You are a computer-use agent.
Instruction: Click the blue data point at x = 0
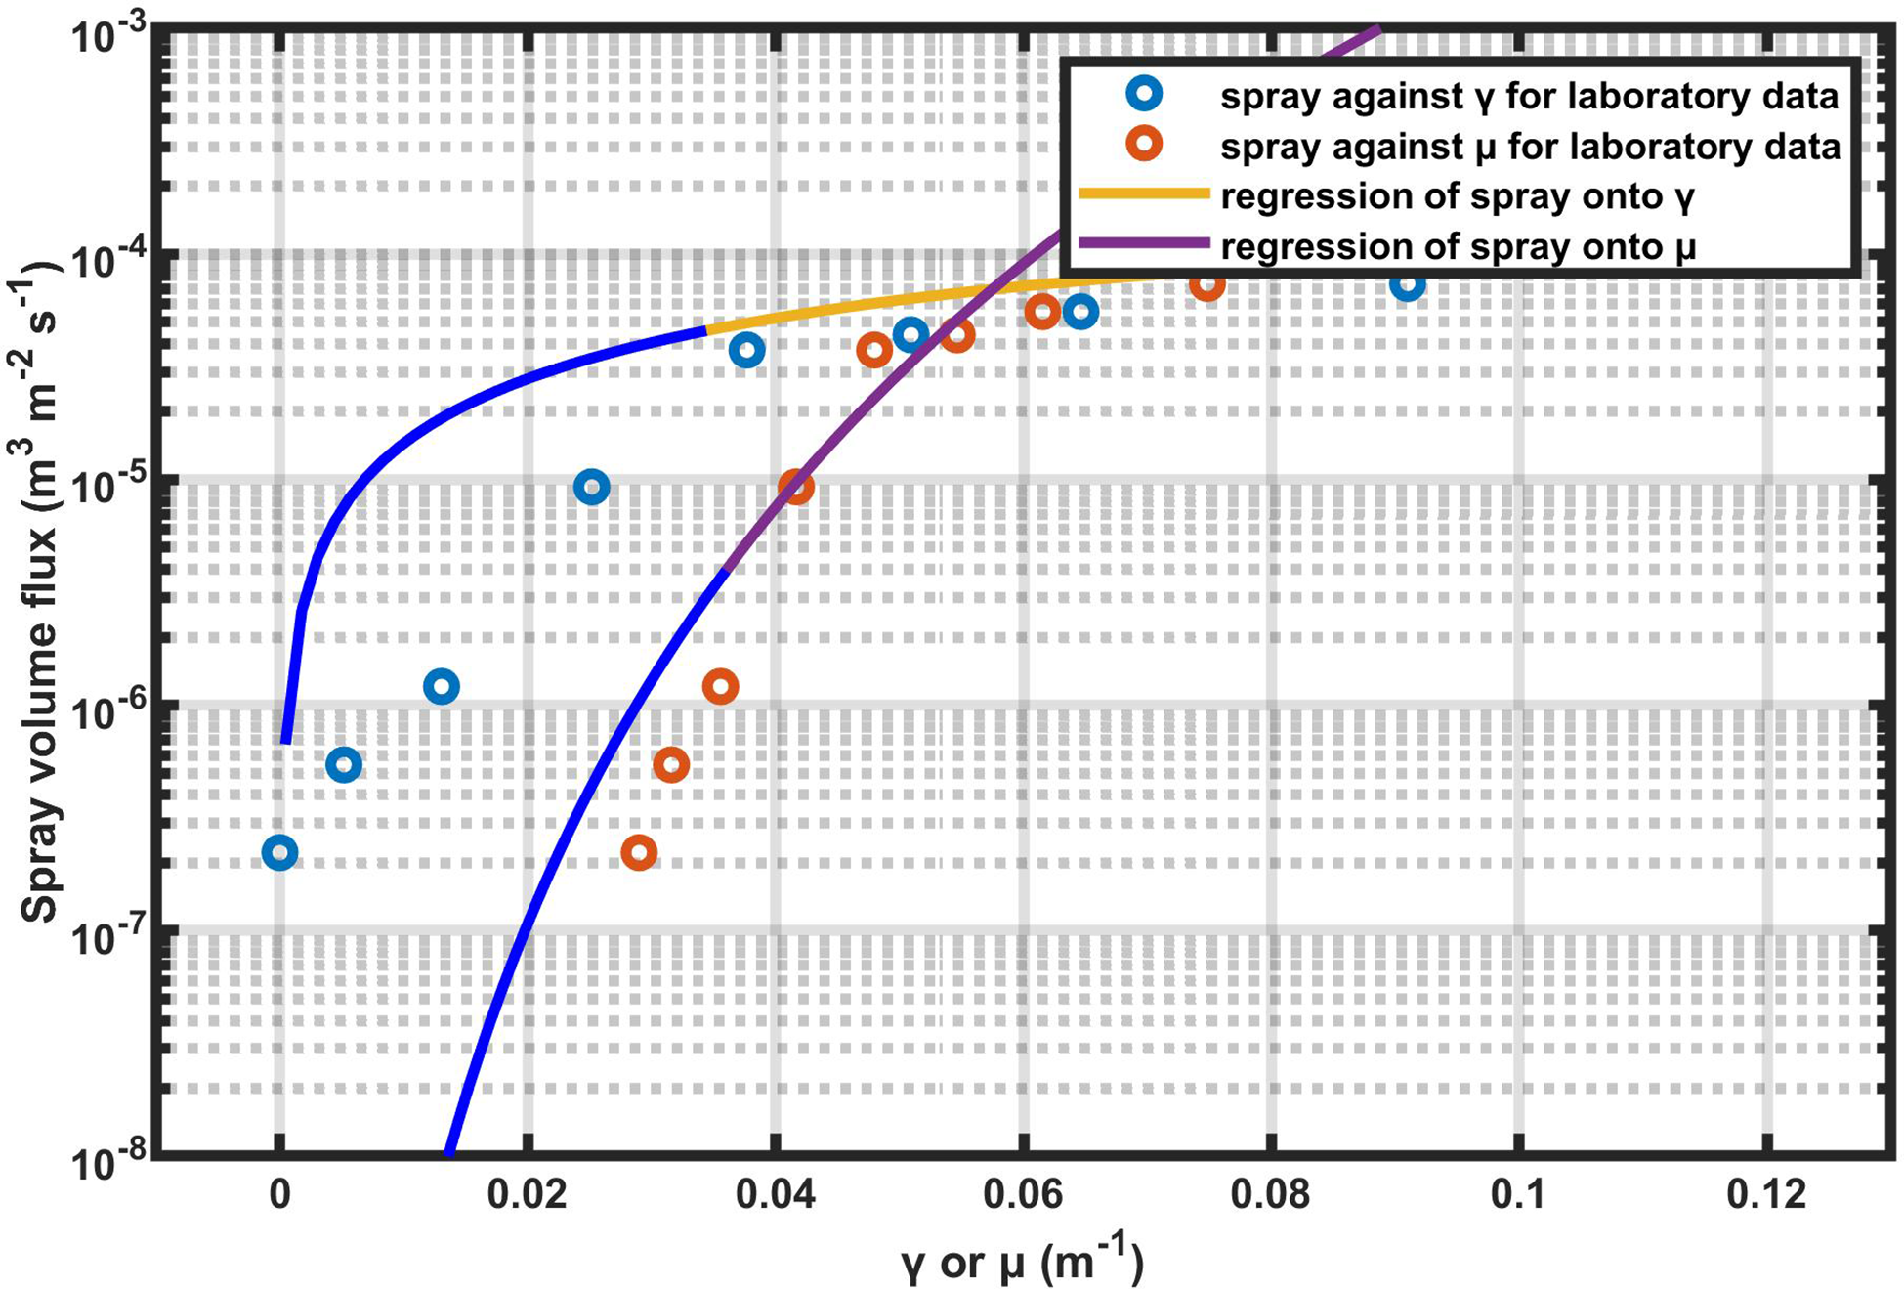[x=280, y=853]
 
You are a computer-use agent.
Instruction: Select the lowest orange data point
[x=639, y=853]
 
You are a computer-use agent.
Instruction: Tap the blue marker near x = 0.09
[x=1407, y=284]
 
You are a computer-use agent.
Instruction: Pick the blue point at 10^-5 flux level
[x=591, y=487]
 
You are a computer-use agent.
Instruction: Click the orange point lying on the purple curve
[x=796, y=487]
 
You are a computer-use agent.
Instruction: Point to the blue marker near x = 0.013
[x=442, y=687]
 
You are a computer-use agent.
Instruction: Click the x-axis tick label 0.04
[x=776, y=1195]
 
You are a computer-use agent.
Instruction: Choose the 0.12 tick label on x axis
[x=1766, y=1195]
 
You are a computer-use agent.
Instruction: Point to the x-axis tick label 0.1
[x=1518, y=1195]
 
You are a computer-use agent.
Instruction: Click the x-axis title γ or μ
[x=1021, y=1261]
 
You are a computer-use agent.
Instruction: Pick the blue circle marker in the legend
[x=1144, y=95]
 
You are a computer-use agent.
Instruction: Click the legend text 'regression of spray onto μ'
[x=1458, y=246]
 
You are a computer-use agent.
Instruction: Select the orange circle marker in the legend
[x=1144, y=145]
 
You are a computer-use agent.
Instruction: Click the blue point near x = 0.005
[x=343, y=765]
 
